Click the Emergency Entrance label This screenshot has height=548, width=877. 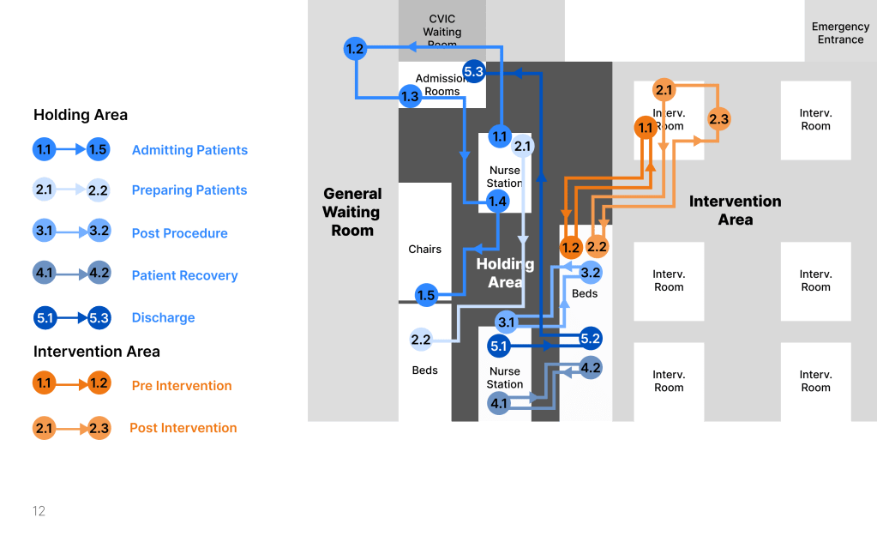(x=840, y=33)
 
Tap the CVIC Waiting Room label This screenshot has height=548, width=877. (x=442, y=31)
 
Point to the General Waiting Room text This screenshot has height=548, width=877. (x=352, y=212)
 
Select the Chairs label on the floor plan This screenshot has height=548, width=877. (x=424, y=250)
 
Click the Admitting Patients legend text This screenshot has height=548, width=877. (x=189, y=150)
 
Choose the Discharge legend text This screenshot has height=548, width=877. (x=163, y=318)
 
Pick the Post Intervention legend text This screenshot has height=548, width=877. (x=183, y=428)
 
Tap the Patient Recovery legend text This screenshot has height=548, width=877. (x=184, y=276)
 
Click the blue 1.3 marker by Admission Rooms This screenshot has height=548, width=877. (x=410, y=96)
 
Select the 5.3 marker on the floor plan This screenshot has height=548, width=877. (x=474, y=71)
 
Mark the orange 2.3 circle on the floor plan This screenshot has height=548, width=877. (x=718, y=119)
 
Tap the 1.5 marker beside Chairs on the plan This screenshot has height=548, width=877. (x=426, y=296)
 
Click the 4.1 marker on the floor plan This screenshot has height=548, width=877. (x=499, y=403)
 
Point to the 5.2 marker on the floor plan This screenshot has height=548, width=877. (x=591, y=338)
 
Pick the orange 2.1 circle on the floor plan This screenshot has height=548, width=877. (x=664, y=89)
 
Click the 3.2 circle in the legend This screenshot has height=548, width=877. (x=99, y=232)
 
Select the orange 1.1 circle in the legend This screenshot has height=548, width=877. (x=45, y=382)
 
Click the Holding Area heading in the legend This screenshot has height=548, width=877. (x=81, y=115)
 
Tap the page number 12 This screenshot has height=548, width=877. (x=39, y=511)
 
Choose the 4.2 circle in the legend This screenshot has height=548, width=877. (x=99, y=274)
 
